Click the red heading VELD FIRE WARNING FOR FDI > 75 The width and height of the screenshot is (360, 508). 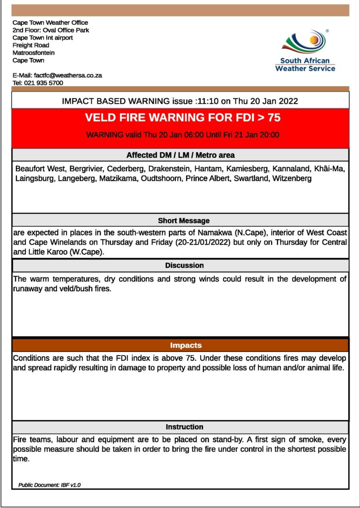[x=180, y=118]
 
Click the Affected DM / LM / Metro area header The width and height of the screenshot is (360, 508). [x=180, y=155]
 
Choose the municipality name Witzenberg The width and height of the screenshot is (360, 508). [x=292, y=179]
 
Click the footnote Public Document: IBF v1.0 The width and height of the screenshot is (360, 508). [x=50, y=485]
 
